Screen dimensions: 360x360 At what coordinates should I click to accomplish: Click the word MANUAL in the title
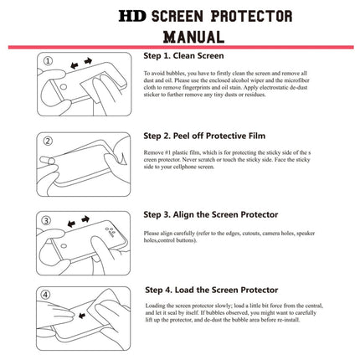pos(193,37)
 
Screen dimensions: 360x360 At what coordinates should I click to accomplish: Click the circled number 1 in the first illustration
pos(48,60)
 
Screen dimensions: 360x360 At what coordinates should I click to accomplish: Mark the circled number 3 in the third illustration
pos(48,219)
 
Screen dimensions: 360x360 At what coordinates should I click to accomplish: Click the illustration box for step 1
pos(85,86)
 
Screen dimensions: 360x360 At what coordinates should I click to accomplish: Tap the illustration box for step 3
pos(85,243)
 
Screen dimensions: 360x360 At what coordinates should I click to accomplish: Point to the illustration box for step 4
pos(85,319)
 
